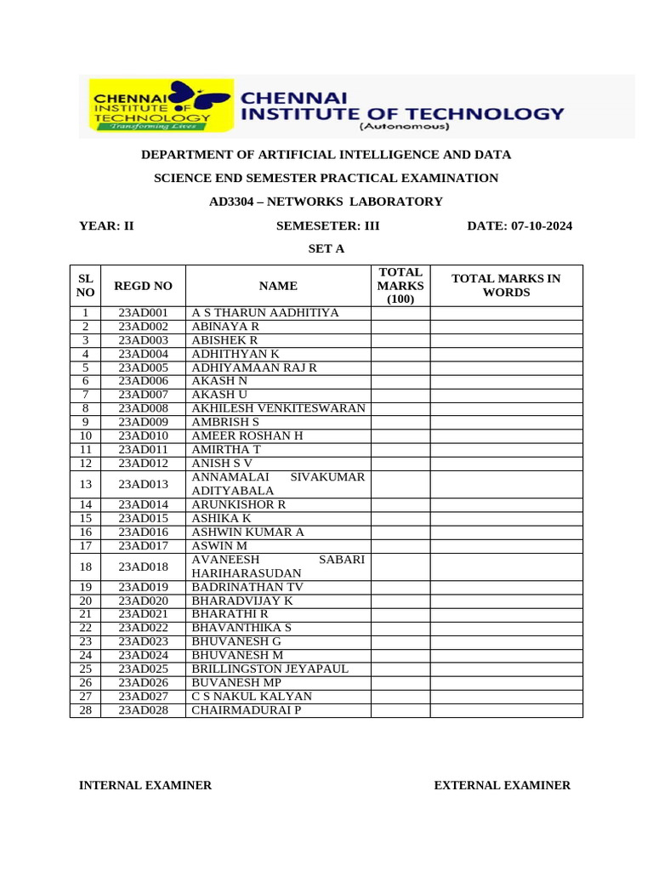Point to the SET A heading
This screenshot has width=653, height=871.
[326, 248]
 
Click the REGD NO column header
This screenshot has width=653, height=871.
[143, 286]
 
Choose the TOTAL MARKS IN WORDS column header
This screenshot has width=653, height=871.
[506, 286]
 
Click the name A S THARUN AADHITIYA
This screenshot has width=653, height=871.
[264, 313]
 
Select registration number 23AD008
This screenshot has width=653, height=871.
[143, 408]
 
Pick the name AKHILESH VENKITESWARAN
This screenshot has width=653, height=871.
[278, 408]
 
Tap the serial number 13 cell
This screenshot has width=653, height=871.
[85, 484]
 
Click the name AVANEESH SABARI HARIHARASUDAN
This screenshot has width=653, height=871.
[278, 566]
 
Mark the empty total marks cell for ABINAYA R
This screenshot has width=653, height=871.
[400, 327]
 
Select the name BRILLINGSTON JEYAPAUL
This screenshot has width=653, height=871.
[270, 669]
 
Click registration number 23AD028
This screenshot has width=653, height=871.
[143, 710]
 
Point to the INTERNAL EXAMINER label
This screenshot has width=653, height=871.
[145, 786]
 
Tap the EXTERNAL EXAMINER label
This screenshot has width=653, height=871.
[502, 786]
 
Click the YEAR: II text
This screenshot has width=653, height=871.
[106, 225]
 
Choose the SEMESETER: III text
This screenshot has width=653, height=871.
[328, 225]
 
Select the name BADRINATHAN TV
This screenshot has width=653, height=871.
[247, 587]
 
